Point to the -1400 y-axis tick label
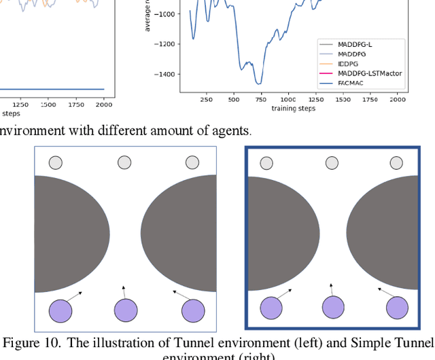pyautogui.click(x=164, y=74)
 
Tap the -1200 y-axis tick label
pyautogui.click(x=164, y=43)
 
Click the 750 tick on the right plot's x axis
pyautogui.click(x=260, y=99)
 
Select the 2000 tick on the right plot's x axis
pyautogui.click(x=398, y=99)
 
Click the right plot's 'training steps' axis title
pyautogui.click(x=293, y=109)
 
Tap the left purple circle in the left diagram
pyautogui.click(x=60, y=310)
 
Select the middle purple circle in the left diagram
pyautogui.click(x=125, y=310)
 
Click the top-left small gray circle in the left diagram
pyautogui.click(x=56, y=163)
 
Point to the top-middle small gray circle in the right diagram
pyautogui.click(x=332, y=163)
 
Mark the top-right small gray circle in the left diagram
pyautogui.click(x=192, y=163)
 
